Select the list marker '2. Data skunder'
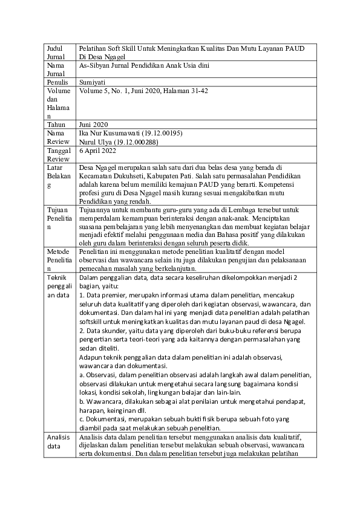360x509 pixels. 102,331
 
